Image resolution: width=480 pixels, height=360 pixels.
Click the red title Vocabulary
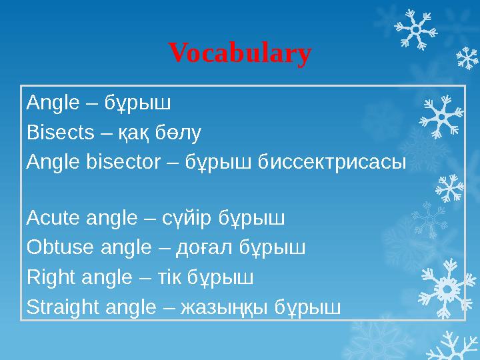pos(239,53)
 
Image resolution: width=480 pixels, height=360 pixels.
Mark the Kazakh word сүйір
pos(197,219)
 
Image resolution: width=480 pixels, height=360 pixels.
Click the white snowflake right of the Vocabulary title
pos(415,30)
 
